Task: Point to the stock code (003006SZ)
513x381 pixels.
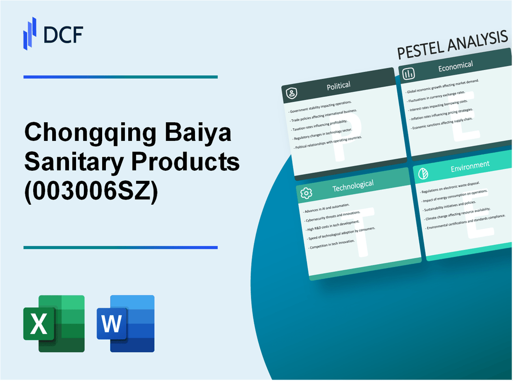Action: pos(91,190)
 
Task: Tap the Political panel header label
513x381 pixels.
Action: pos(339,86)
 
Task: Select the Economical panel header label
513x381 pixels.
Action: pos(455,67)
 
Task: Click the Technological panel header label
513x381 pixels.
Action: pos(353,185)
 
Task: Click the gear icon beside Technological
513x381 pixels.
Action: pos(306,192)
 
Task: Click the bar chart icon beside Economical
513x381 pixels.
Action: pos(409,74)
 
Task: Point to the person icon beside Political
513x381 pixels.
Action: pos(292,94)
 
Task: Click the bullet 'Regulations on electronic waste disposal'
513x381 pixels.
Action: pos(450,187)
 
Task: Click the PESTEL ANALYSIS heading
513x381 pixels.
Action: pos(452,47)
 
